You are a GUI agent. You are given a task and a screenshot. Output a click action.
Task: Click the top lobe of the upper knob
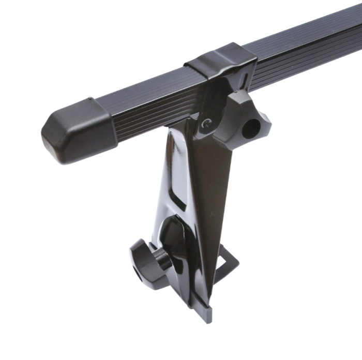click(239, 98)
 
